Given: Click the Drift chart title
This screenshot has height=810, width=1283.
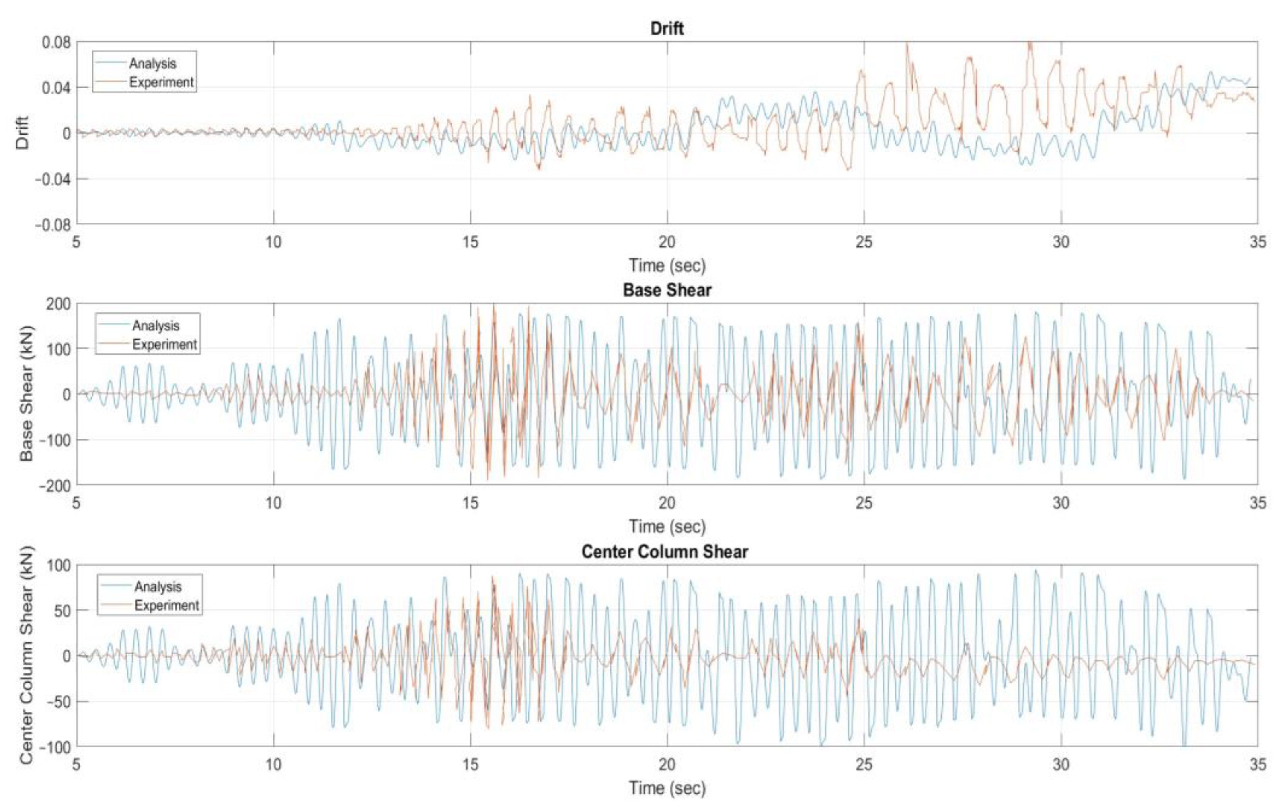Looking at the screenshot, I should coord(667,28).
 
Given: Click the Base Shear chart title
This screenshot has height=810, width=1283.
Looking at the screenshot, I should coord(667,290).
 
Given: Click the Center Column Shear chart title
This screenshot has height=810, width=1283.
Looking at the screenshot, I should coord(664,551).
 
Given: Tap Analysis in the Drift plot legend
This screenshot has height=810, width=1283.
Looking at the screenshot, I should coord(152,64).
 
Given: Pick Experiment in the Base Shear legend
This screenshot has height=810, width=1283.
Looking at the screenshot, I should coord(164,345).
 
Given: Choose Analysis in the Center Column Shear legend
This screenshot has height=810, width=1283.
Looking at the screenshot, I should coord(158,586).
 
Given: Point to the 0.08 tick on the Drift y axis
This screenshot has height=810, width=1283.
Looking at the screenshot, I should coord(56,42).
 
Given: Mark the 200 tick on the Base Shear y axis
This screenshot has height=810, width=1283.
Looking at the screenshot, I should coord(59,303).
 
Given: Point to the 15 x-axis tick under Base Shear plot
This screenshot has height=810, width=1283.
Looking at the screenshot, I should coord(470,503).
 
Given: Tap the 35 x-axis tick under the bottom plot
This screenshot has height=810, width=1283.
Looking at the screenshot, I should coord(1257,764).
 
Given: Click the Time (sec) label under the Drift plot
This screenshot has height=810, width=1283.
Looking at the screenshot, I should coord(667,265).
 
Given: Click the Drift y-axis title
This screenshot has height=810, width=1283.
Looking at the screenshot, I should coord(23,133).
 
